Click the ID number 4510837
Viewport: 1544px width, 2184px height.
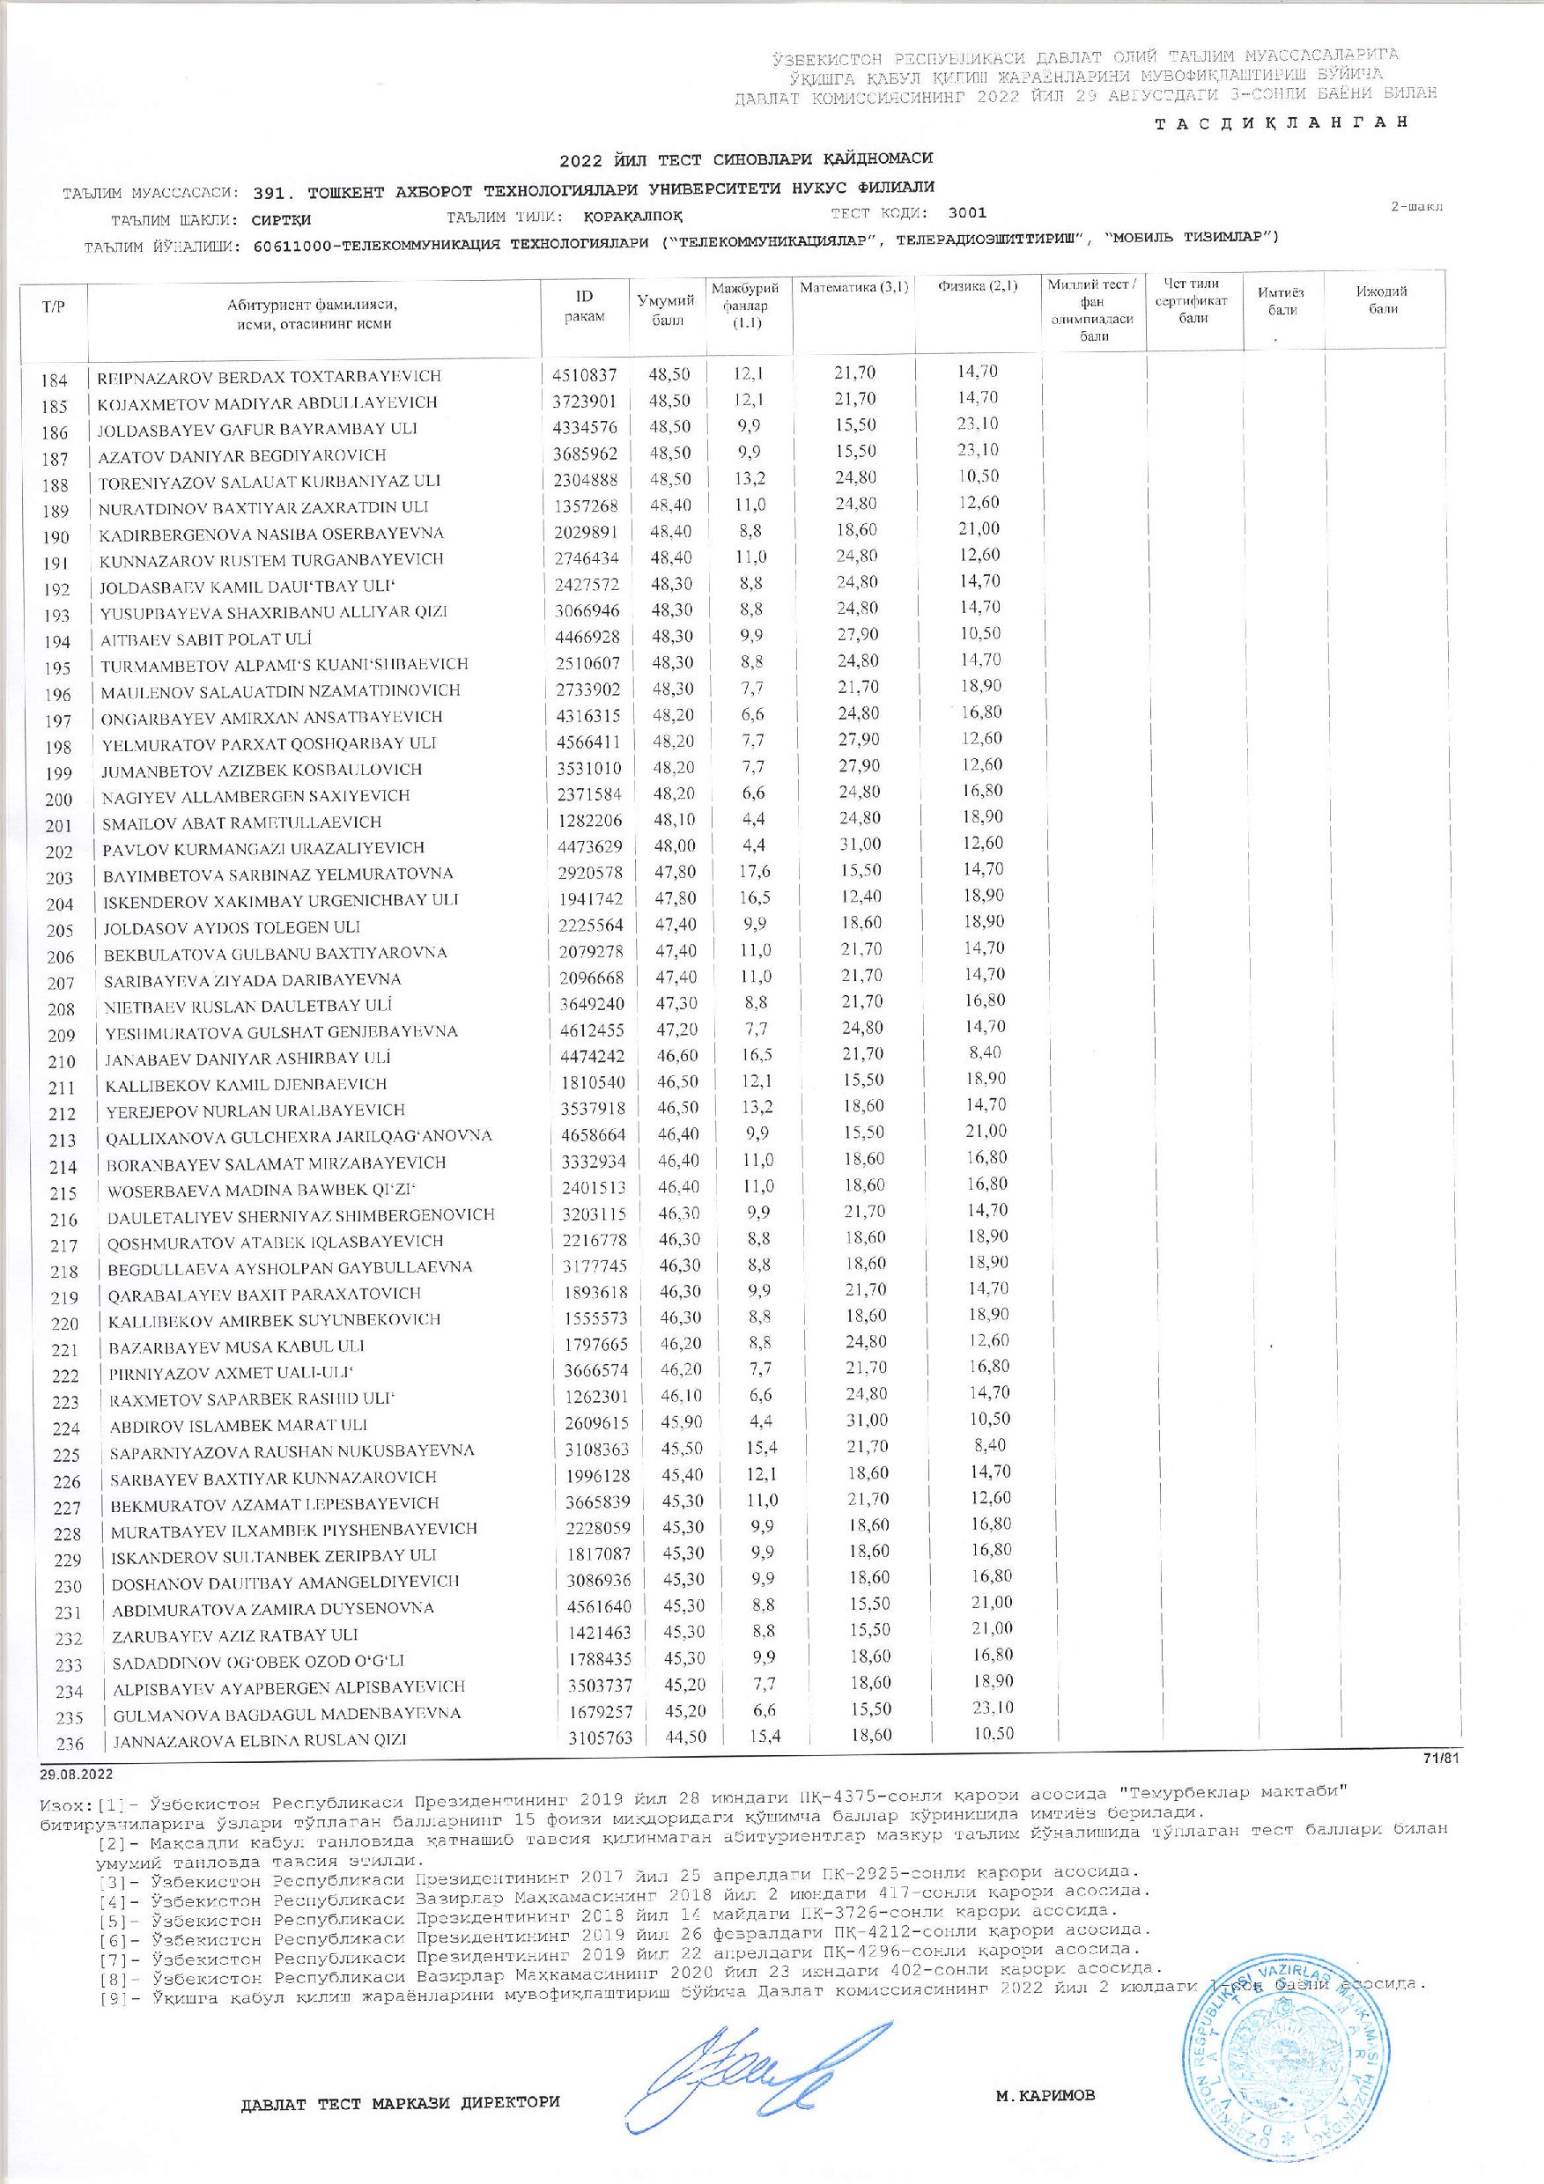coord(584,376)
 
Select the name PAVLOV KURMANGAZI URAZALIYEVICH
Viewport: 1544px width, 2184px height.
coord(263,847)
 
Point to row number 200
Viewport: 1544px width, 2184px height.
coord(59,800)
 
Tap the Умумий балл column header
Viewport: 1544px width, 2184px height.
coord(666,309)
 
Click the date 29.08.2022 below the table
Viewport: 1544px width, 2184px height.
coord(75,1773)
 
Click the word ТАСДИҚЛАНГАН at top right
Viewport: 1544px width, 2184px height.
coord(1280,122)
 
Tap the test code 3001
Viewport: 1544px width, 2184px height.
coord(967,213)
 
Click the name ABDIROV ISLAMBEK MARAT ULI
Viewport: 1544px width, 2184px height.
coord(239,1425)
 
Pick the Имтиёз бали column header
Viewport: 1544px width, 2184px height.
coord(1282,301)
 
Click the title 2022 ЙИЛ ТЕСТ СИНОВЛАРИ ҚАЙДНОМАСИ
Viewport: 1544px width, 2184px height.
coord(747,159)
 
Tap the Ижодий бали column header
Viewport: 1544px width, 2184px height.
coord(1382,299)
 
